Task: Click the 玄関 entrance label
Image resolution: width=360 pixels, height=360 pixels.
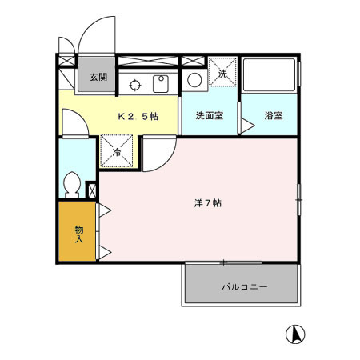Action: (x=97, y=78)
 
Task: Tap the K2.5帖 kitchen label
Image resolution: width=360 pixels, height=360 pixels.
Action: (x=138, y=116)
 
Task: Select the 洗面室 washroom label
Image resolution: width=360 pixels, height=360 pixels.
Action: (x=210, y=116)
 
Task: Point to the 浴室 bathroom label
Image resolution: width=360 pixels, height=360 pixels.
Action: (x=274, y=116)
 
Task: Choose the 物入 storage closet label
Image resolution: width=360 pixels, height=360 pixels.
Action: (x=79, y=233)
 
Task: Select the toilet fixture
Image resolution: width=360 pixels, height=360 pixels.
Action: (x=70, y=185)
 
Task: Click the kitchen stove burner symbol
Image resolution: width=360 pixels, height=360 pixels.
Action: (x=135, y=82)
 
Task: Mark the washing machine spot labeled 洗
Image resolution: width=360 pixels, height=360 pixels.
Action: (x=223, y=71)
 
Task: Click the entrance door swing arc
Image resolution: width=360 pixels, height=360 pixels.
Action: (x=96, y=36)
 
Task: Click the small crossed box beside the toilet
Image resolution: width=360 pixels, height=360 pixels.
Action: (x=90, y=191)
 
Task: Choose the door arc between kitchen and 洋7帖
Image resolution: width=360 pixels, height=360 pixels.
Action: (x=157, y=152)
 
